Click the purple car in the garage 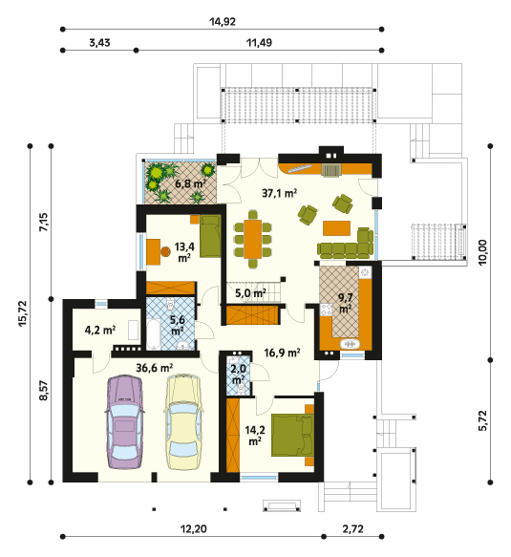[x=124, y=421]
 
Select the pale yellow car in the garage [x=183, y=421]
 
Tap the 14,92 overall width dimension [x=223, y=22]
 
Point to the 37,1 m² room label [x=280, y=193]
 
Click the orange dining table [x=253, y=239]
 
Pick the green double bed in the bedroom [x=292, y=435]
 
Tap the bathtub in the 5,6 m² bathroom [x=154, y=334]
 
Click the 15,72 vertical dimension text [x=23, y=313]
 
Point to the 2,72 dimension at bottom [x=353, y=529]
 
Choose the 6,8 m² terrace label [x=191, y=183]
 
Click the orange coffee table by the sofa [x=336, y=228]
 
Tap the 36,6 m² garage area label [x=155, y=368]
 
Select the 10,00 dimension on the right [x=483, y=252]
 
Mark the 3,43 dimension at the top [x=99, y=43]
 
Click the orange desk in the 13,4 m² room [x=154, y=252]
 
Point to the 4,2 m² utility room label [x=100, y=331]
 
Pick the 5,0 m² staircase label [x=250, y=293]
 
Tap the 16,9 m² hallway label [x=283, y=353]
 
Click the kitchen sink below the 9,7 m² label [x=351, y=344]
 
